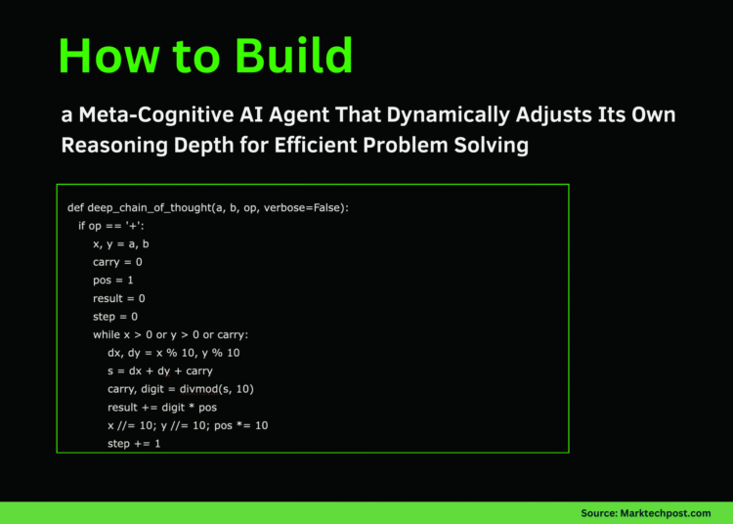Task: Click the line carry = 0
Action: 118,262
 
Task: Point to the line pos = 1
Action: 113,280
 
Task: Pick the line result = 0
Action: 119,298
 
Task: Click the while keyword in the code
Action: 106,334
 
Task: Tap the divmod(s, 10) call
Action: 218,388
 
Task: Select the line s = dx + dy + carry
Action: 159,371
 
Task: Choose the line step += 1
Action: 134,443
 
